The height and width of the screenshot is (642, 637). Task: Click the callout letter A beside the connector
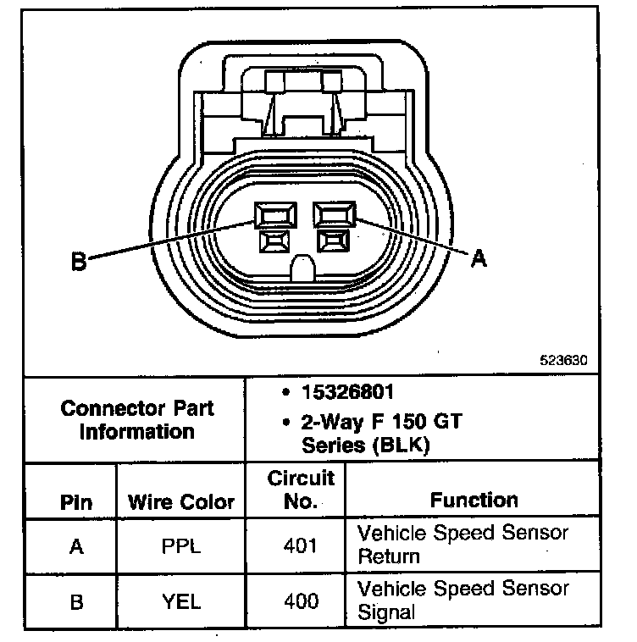pyautogui.click(x=479, y=259)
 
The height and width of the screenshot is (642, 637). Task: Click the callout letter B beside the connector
pyautogui.click(x=79, y=262)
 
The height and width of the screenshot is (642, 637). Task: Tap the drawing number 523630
pyautogui.click(x=563, y=359)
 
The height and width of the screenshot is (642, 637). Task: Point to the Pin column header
pyautogui.click(x=76, y=501)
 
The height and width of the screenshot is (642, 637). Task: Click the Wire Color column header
pyautogui.click(x=180, y=501)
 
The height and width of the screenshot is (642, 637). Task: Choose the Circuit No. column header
pyautogui.click(x=301, y=490)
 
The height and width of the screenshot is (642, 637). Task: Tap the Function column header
pyautogui.click(x=474, y=500)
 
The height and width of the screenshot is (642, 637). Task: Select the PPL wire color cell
pyautogui.click(x=181, y=546)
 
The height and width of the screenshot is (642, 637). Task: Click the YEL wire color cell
pyautogui.click(x=181, y=601)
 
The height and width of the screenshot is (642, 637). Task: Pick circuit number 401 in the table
pyautogui.click(x=301, y=546)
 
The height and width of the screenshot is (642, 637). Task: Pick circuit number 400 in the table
pyautogui.click(x=301, y=601)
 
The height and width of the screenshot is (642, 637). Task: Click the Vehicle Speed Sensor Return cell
pyautogui.click(x=463, y=545)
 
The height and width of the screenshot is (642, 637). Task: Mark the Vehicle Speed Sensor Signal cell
pyautogui.click(x=463, y=600)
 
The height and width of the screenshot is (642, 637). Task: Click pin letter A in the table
pyautogui.click(x=76, y=546)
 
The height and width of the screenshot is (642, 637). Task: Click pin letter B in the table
pyautogui.click(x=76, y=601)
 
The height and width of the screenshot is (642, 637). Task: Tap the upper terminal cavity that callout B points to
pyautogui.click(x=275, y=215)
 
